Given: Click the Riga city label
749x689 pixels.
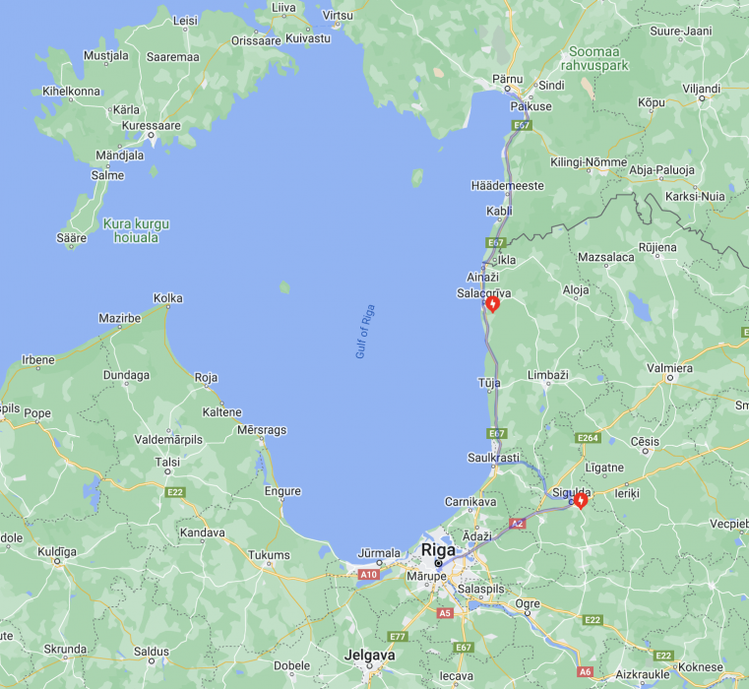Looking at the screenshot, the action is pos(438,550).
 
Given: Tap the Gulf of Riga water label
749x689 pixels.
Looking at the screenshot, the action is pos(366,332).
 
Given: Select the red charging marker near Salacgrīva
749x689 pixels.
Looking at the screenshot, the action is pos(493,304).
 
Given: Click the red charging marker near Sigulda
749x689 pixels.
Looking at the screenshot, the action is pos(581,501).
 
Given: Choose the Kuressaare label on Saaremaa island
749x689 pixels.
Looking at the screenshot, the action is pos(151,126).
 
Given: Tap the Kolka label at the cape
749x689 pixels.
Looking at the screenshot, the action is pos(168,298).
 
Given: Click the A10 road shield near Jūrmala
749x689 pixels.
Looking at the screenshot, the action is pos(368,574).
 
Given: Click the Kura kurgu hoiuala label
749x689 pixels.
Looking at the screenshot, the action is pos(136,230).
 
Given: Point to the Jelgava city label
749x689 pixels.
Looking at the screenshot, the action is pos(370,655).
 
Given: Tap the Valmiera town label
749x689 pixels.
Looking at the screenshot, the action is pos(668,368).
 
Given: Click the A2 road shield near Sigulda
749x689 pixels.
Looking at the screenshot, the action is pos(518,524).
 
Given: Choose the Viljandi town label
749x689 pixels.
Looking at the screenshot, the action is pos(702,89).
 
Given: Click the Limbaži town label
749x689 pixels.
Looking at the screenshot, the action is pos(549,376).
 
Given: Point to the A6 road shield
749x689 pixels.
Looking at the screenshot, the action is pos(586,671).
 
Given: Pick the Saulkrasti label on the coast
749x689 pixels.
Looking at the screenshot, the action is pos(492,457).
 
